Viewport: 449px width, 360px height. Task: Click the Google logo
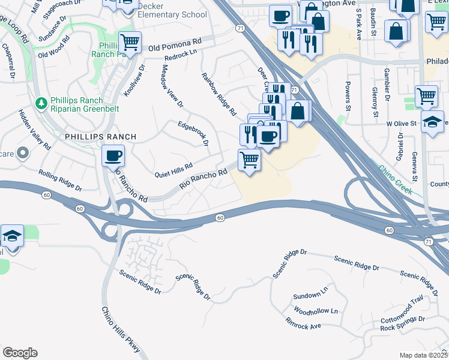click(19, 353)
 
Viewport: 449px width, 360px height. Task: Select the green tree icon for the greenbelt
click(41, 103)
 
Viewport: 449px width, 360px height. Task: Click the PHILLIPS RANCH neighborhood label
click(100, 137)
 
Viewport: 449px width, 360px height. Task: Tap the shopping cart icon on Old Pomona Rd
click(130, 43)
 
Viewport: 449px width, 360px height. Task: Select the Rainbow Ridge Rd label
click(218, 94)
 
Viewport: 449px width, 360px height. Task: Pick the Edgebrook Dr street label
click(193, 134)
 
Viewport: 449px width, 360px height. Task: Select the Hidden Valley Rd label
click(34, 130)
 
